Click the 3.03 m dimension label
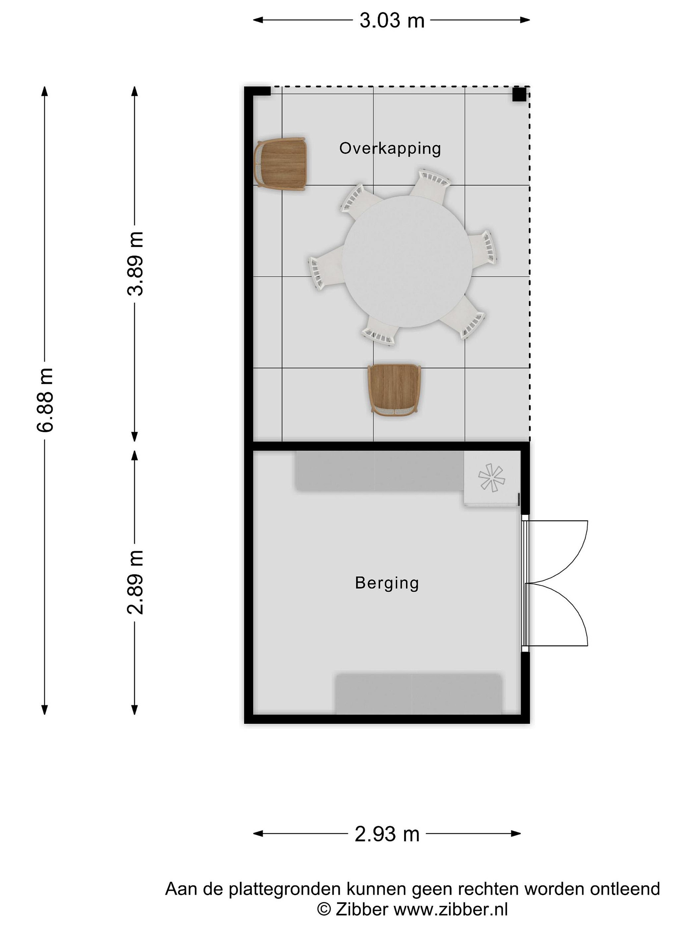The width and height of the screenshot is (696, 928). [x=392, y=20]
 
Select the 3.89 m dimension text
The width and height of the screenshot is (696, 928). [x=135, y=264]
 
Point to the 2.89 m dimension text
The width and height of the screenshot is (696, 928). [x=135, y=582]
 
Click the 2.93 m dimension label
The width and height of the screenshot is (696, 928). [x=387, y=834]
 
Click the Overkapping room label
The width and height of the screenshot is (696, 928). [x=390, y=149]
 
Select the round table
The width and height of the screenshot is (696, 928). [x=407, y=261]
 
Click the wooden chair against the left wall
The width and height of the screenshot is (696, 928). [x=280, y=164]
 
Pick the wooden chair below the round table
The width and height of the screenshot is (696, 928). [x=394, y=391]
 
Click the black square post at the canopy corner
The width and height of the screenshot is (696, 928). [x=519, y=94]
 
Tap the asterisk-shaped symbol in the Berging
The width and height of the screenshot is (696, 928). [x=491, y=478]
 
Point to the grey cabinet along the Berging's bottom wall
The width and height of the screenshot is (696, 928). [x=418, y=693]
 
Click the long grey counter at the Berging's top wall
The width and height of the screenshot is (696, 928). [x=380, y=471]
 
